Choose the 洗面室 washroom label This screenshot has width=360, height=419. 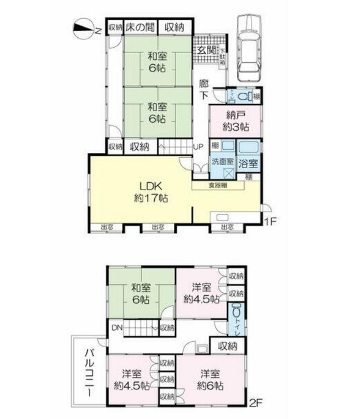point(223,162)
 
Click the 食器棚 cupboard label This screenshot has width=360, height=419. point(218,185)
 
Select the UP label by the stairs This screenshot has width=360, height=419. point(198,146)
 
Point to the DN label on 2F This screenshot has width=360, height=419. point(117,327)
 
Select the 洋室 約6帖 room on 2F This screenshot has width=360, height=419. point(211,379)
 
